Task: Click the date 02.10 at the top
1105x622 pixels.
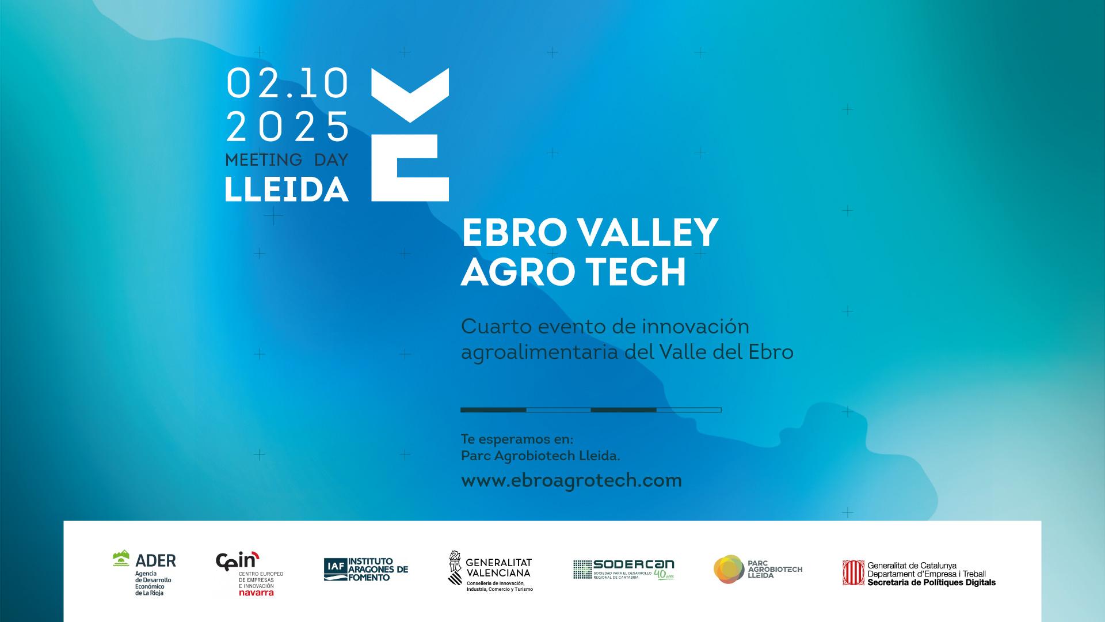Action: pos(287,84)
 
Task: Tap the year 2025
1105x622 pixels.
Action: pos(287,127)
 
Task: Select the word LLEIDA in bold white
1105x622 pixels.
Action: pos(287,189)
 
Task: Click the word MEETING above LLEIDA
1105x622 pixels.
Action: pos(264,160)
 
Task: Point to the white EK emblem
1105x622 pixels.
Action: pos(410,135)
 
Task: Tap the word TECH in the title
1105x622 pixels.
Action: pos(635,272)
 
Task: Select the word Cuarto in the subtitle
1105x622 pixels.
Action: pos(496,327)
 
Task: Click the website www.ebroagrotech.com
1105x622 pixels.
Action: pos(571,480)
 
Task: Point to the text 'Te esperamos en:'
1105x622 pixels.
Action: pos(517,439)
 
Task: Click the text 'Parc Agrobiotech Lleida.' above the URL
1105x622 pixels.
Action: pos(540,456)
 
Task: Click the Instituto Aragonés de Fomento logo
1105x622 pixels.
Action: pos(366,570)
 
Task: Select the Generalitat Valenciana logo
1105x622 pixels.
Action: pos(490,571)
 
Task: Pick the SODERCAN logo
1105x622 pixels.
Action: pos(624,569)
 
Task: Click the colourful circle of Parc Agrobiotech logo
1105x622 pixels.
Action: pos(729,569)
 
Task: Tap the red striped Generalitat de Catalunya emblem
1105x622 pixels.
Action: pos(853,573)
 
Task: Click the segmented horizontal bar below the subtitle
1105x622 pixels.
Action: pos(590,410)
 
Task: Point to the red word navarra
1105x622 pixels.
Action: pos(256,593)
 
